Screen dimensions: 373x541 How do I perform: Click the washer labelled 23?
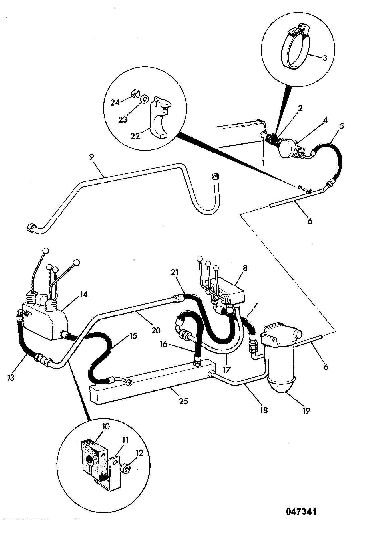pos(145,99)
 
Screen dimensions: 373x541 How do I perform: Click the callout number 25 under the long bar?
pos(183,401)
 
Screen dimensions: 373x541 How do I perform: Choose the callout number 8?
pos(245,268)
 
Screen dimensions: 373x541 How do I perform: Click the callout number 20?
pos(156,330)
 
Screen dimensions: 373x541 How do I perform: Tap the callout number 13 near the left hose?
pos(11,378)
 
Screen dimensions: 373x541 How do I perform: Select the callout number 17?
pos(226,370)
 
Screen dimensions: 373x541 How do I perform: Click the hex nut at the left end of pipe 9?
pos(30,228)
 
